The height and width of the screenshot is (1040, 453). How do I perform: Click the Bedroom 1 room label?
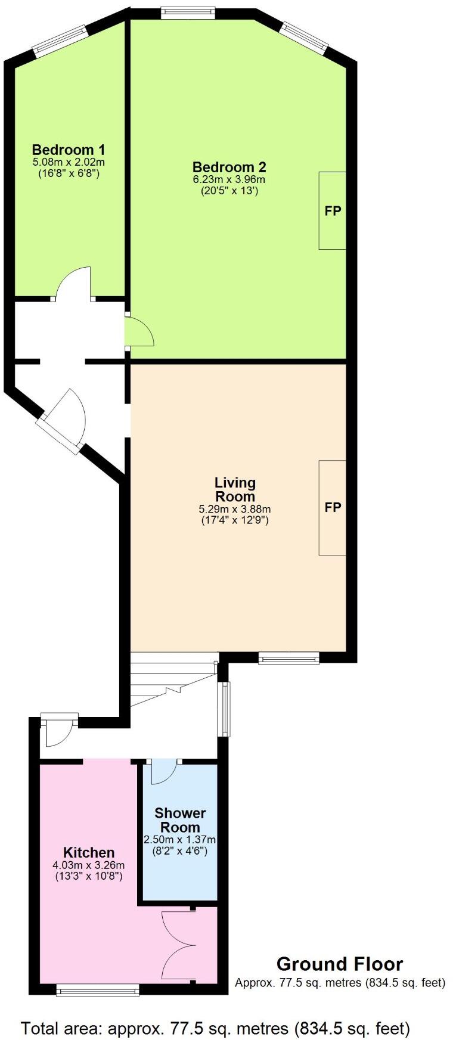(x=69, y=149)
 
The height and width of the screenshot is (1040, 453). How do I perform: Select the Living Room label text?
(x=235, y=489)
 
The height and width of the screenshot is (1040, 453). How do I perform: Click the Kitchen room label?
(x=89, y=852)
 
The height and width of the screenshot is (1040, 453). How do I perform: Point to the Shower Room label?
(x=180, y=820)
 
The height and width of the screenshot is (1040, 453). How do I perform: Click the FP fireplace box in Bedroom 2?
(x=333, y=210)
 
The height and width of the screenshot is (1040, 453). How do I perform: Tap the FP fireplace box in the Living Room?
(x=333, y=507)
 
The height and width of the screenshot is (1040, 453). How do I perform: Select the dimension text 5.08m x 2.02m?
(x=69, y=162)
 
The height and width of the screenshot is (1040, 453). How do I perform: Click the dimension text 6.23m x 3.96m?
(x=229, y=179)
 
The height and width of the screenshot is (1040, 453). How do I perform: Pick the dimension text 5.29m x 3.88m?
(x=235, y=509)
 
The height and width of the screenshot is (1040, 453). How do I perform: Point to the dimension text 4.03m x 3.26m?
(x=89, y=865)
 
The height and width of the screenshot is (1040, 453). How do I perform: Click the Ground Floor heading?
(x=339, y=964)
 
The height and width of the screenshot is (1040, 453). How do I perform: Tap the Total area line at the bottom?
(x=215, y=1011)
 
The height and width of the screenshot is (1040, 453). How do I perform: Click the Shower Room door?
(x=163, y=771)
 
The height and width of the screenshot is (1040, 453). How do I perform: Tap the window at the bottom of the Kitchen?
(x=98, y=991)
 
